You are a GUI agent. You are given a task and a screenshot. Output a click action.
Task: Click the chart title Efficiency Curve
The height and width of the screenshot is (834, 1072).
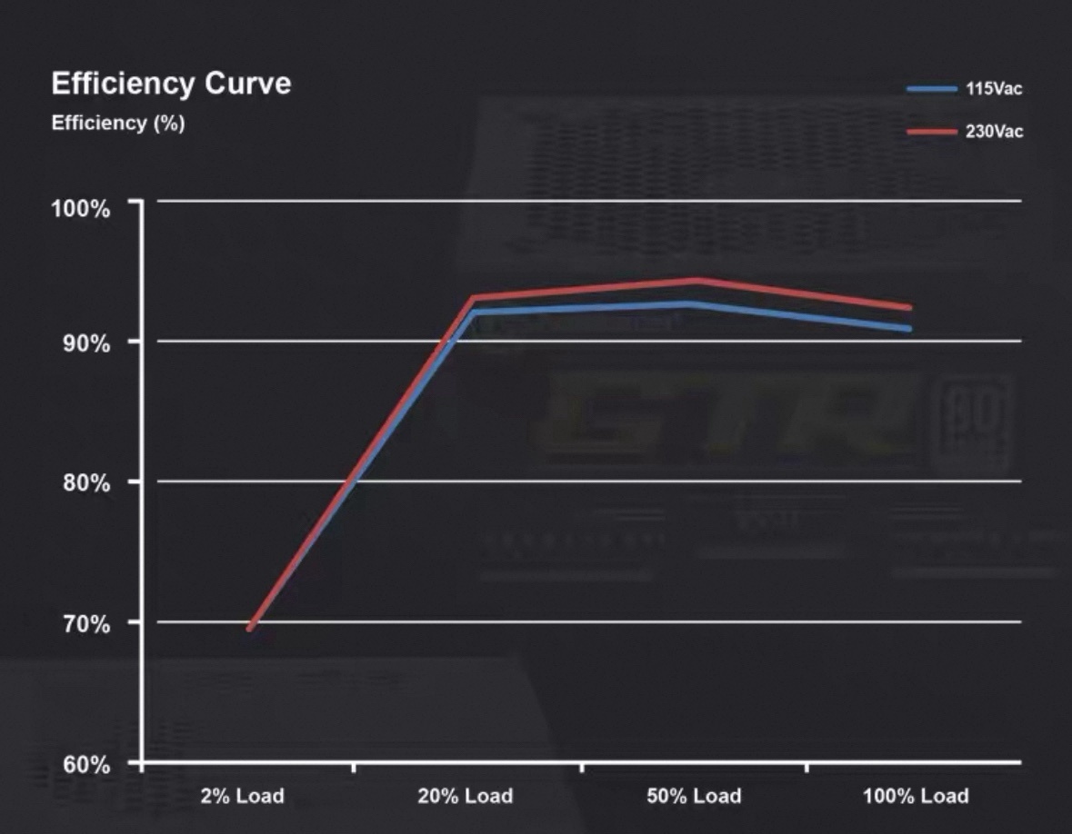pyautogui.click(x=171, y=84)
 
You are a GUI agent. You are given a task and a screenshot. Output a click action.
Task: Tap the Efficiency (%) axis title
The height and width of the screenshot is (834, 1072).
pyautogui.click(x=118, y=124)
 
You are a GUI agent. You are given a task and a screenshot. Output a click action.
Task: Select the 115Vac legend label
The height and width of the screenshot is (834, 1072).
pyautogui.click(x=994, y=89)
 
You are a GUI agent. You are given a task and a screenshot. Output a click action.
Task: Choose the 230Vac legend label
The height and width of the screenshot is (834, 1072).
pyautogui.click(x=994, y=132)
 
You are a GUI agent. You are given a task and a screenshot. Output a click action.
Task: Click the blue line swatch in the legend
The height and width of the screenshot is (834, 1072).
pyautogui.click(x=931, y=89)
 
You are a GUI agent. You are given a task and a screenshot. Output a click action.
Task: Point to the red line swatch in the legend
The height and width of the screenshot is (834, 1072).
pyautogui.click(x=931, y=132)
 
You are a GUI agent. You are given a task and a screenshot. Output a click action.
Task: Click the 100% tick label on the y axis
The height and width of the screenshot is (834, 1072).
pyautogui.click(x=80, y=208)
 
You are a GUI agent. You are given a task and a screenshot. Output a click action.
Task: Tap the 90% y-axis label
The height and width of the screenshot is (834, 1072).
pyautogui.click(x=86, y=343)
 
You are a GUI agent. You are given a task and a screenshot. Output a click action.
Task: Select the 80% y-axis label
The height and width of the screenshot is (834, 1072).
pyautogui.click(x=86, y=482)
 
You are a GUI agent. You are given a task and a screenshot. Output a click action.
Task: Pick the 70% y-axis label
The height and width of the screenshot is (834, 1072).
pyautogui.click(x=86, y=625)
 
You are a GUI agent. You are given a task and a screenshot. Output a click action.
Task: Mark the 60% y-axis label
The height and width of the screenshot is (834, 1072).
pyautogui.click(x=86, y=765)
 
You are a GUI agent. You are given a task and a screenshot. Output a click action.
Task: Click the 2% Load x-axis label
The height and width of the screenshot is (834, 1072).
pyautogui.click(x=242, y=797)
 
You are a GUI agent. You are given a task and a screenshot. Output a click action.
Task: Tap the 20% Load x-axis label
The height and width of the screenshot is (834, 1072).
pyautogui.click(x=465, y=797)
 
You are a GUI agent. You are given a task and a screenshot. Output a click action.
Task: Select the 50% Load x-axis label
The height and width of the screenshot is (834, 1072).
pyautogui.click(x=694, y=797)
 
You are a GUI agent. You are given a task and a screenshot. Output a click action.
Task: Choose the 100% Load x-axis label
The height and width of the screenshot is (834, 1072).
pyautogui.click(x=916, y=797)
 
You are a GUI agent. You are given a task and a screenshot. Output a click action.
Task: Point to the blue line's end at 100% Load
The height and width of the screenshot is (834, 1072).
pyautogui.click(x=907, y=328)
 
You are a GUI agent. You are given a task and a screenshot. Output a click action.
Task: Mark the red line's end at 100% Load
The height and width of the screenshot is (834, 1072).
pyautogui.click(x=907, y=308)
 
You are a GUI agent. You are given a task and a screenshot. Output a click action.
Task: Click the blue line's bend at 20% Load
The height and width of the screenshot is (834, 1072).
pyautogui.click(x=473, y=313)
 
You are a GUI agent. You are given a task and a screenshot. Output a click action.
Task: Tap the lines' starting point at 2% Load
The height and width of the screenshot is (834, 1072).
pyautogui.click(x=250, y=628)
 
